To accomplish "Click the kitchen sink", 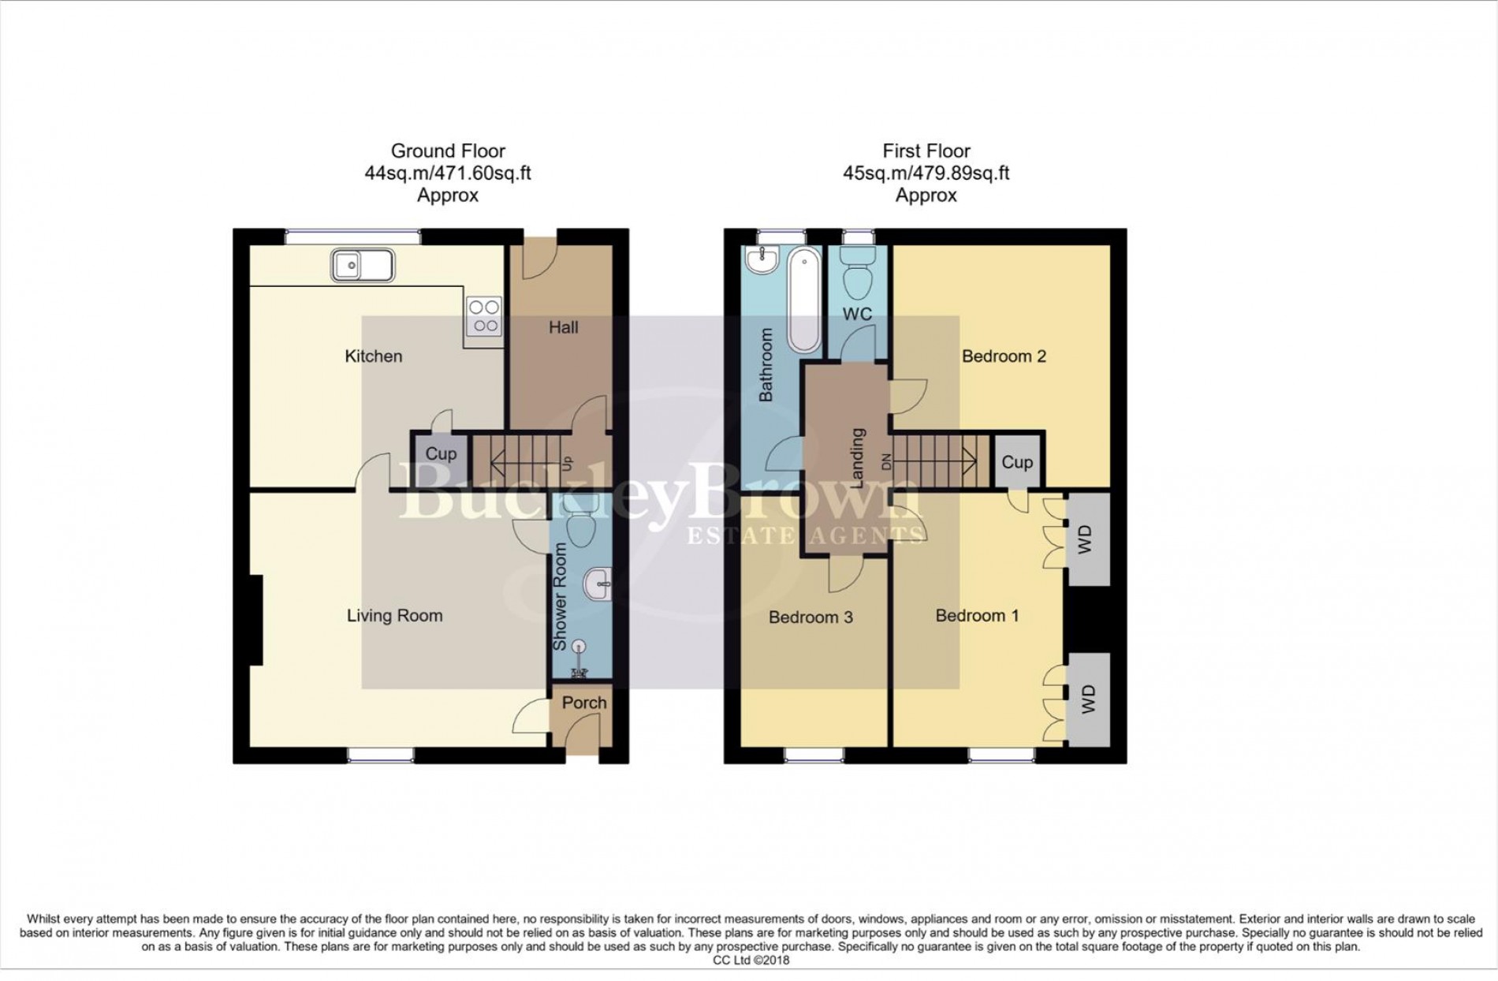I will pos(362,265).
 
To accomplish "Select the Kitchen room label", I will pos(373,356).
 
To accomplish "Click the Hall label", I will pos(563,327).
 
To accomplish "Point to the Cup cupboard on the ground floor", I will pos(440,454).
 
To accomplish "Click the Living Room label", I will pos(394,616).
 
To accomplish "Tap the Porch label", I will pos(584,703).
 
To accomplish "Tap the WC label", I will pos(857,314).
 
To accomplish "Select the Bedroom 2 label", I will pos(1003,356).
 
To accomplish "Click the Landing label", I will pos(858,458).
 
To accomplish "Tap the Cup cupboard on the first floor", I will pos(1016,462).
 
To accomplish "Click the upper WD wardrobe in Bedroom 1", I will pos(1086,539).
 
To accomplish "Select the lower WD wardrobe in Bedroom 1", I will pos(1086,699).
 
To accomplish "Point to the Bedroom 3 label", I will pos(810,617).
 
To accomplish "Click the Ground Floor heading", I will pos(448,151).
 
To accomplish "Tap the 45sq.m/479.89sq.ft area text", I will pos(926,173).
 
